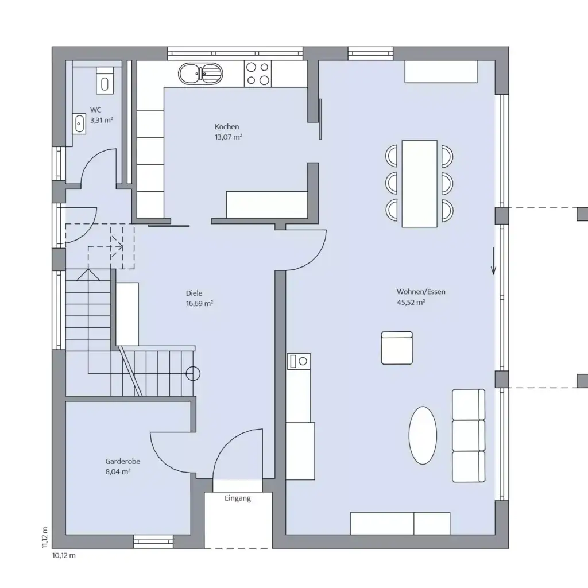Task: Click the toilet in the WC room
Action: [x=105, y=82]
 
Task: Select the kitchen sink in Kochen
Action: [x=200, y=73]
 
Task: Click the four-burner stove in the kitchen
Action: [x=258, y=73]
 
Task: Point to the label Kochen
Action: [x=227, y=127]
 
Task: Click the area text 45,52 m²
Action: [x=411, y=302]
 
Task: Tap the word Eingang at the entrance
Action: [x=238, y=498]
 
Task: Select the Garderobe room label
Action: [x=123, y=461]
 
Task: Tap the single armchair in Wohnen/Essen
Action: [x=397, y=347]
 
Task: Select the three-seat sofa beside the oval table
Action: [x=469, y=435]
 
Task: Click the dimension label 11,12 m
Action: [x=45, y=538]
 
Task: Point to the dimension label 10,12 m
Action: [x=64, y=555]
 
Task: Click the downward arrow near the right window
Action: [x=493, y=262]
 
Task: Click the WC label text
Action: [x=96, y=110]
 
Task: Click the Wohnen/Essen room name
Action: [x=420, y=292]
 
